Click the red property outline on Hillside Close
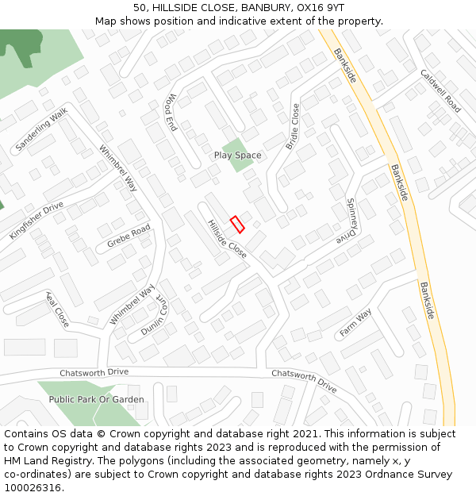(x=237, y=224)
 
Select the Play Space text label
(x=237, y=156)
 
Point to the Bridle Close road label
(x=293, y=126)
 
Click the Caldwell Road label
(x=440, y=91)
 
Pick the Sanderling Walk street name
(x=41, y=131)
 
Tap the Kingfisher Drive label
(x=36, y=221)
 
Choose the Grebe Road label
(x=129, y=236)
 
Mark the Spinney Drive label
(x=349, y=221)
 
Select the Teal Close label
(x=57, y=310)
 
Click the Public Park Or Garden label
(x=97, y=399)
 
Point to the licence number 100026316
(x=33, y=488)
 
